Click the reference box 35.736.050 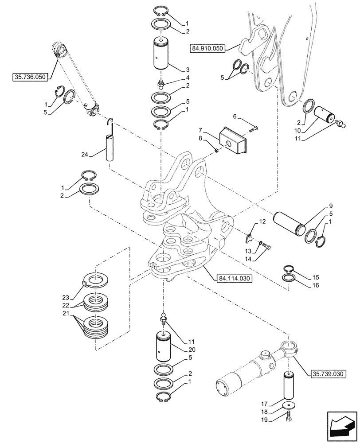point(30,77)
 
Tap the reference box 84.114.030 point(234,279)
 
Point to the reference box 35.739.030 point(326,373)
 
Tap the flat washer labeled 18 point(290,406)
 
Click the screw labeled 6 point(254,129)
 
